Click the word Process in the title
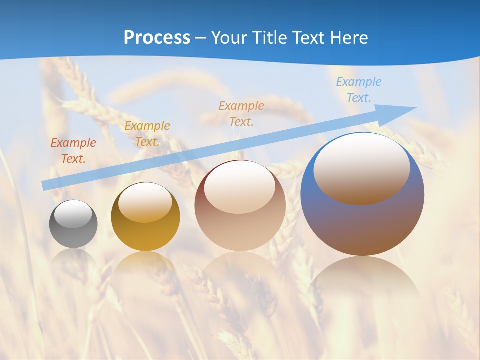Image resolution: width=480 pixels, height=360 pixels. click(x=157, y=38)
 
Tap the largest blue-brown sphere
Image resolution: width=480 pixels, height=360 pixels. click(x=362, y=220)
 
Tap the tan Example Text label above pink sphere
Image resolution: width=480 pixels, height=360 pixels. click(x=241, y=113)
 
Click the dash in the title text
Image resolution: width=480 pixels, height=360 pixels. click(x=201, y=38)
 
